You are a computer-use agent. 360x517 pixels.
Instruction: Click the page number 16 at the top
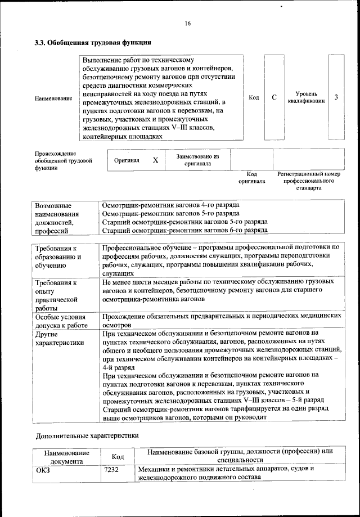tap(188, 23)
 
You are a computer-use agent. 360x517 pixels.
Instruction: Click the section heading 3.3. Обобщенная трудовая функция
tap(92, 42)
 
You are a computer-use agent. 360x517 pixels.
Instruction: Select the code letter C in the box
tap(274, 98)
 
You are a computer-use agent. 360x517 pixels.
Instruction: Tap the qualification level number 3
tap(336, 97)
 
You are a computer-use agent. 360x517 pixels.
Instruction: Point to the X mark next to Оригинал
tap(156, 160)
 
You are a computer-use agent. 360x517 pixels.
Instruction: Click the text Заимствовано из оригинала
tap(197, 160)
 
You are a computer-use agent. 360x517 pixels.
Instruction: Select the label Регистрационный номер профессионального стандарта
tap(309, 181)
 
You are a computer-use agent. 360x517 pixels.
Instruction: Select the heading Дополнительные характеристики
tap(87, 435)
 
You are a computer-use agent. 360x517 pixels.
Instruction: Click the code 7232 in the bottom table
tap(111, 469)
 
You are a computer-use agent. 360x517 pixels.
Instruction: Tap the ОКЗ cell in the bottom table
tap(43, 469)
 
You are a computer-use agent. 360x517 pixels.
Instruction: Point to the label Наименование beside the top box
tap(53, 98)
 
